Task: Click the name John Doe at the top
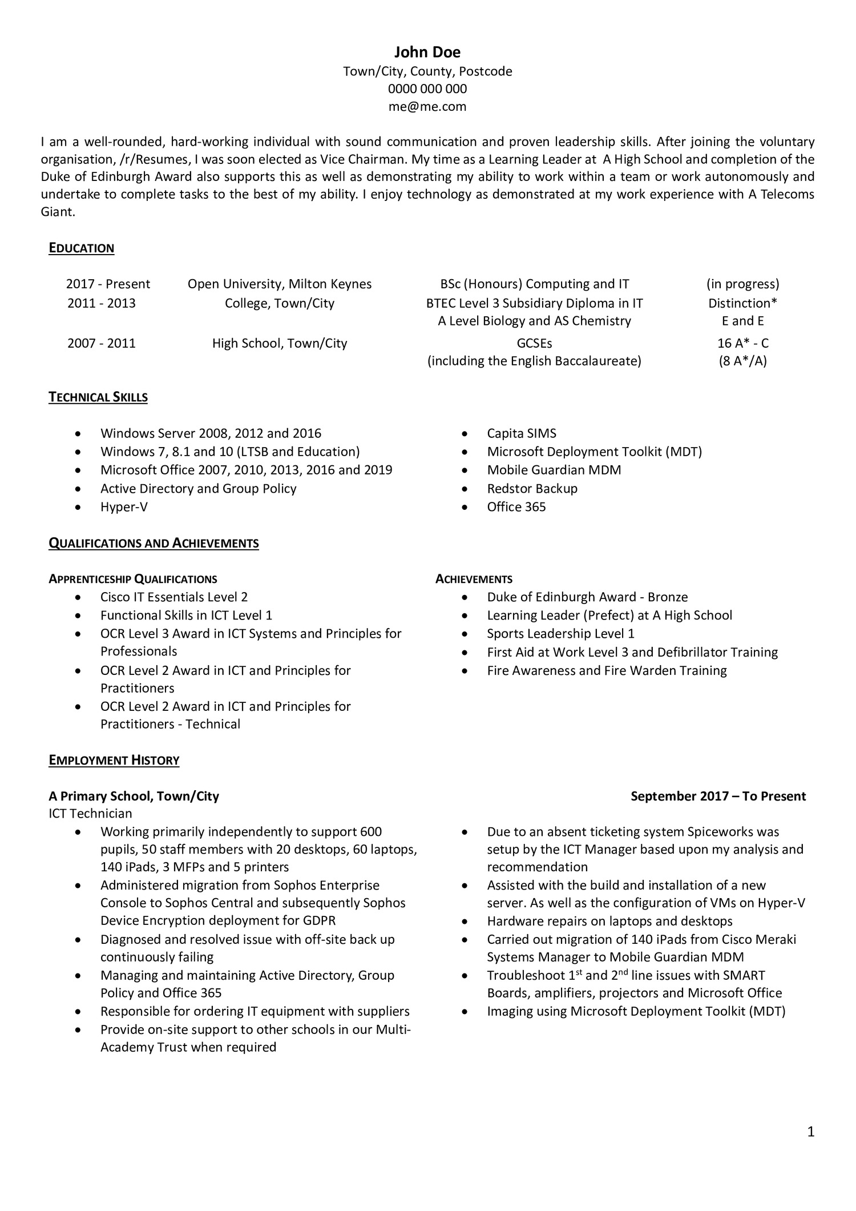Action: pos(427,53)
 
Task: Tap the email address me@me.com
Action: pos(427,107)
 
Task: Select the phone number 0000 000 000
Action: pos(427,89)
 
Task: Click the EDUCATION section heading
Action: pos(82,248)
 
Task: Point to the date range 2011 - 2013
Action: pos(102,303)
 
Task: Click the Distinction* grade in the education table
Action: pos(742,303)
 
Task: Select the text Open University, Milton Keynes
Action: pos(280,284)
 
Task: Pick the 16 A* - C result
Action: pos(742,343)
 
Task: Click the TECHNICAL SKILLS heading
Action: pos(98,397)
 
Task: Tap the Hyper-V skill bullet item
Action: pos(124,507)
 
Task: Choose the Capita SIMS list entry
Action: pos(522,433)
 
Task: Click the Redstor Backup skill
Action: pos(532,489)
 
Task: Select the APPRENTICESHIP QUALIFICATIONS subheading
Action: pos(133,580)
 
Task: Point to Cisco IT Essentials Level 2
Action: pos(174,597)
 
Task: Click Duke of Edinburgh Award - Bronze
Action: pos(587,597)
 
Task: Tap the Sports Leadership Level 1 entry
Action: pos(560,634)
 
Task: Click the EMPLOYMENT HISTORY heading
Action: pos(114,761)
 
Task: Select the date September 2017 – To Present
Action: pos(718,796)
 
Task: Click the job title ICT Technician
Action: pos(90,814)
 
